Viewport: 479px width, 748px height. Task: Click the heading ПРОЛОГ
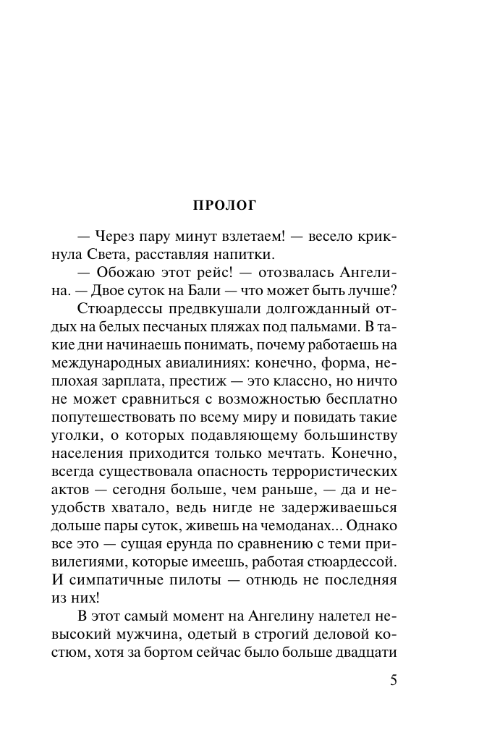(x=224, y=205)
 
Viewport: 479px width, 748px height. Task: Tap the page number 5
(x=393, y=681)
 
